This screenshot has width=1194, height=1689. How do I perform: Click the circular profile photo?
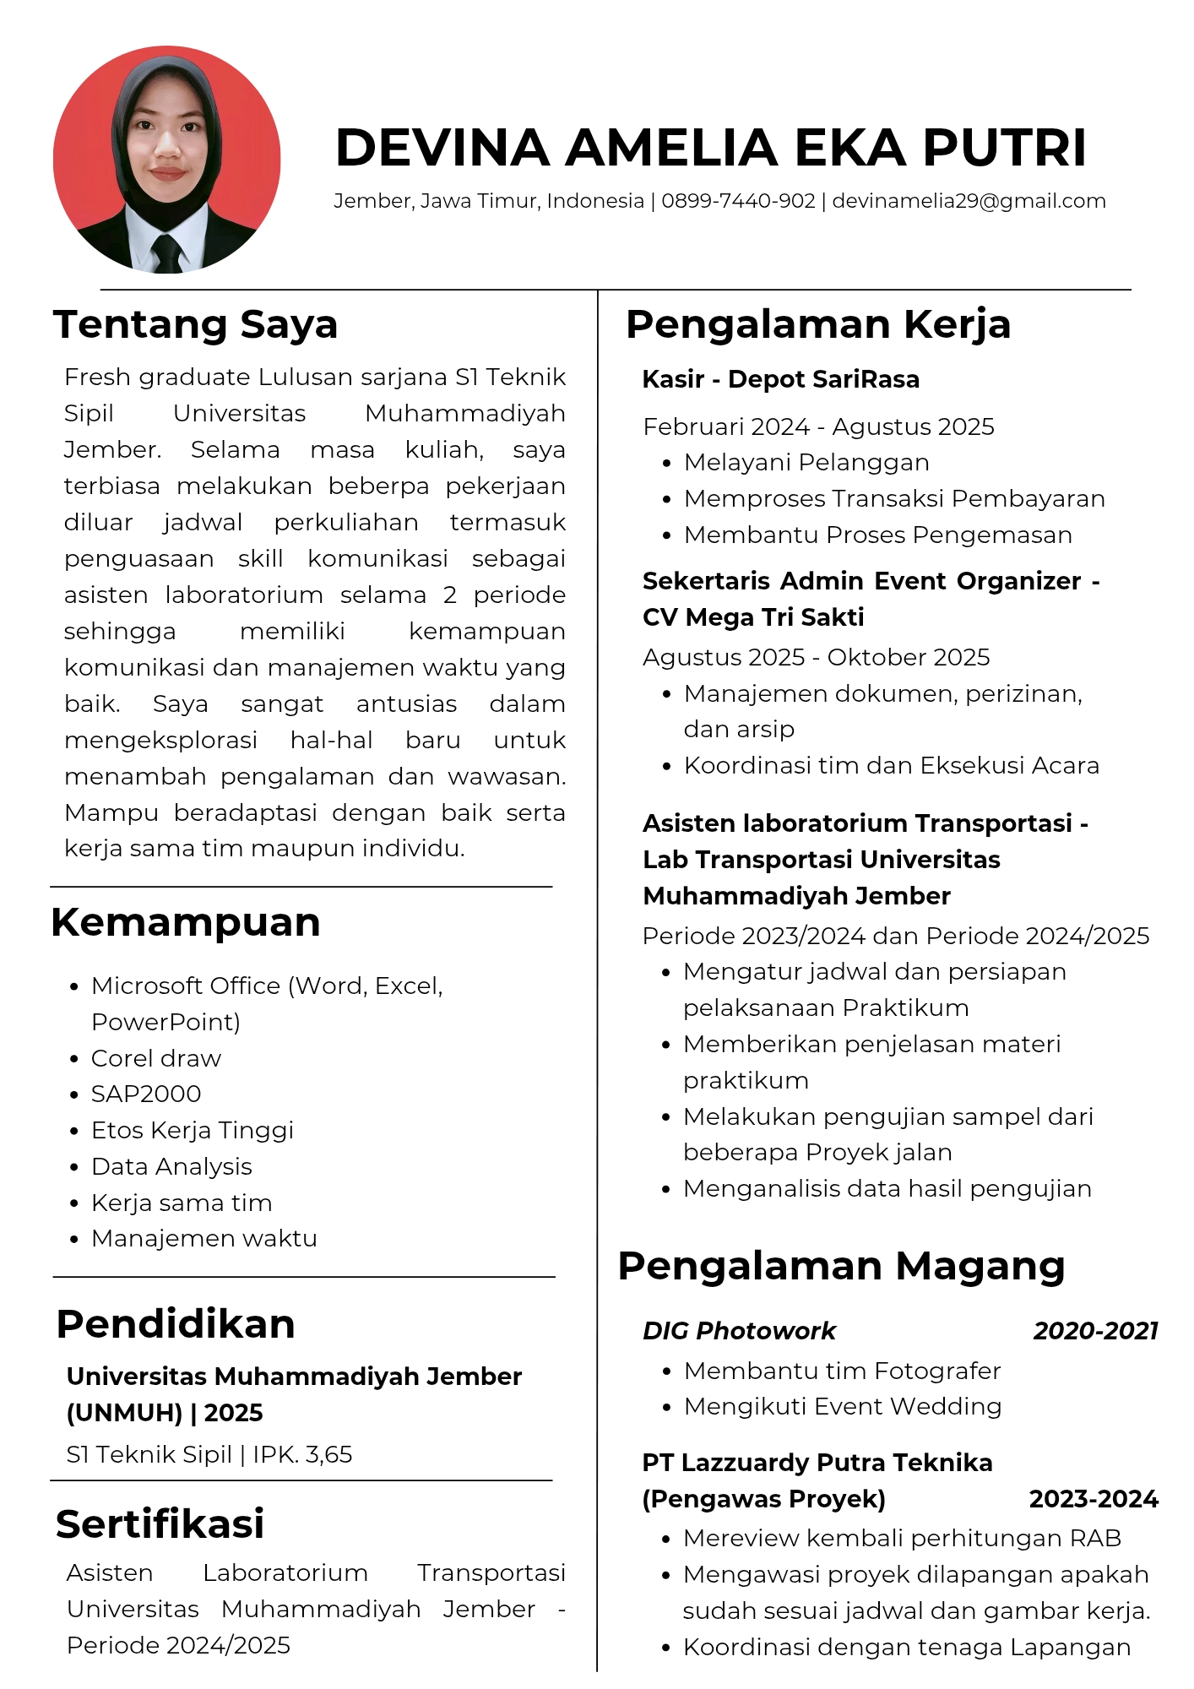coord(166,160)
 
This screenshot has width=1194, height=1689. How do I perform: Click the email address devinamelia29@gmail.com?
coord(969,201)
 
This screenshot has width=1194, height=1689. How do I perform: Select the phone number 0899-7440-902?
coord(738,201)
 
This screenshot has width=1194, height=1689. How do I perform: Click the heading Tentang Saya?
coord(195,324)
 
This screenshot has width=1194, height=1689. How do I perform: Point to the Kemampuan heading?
coord(186,922)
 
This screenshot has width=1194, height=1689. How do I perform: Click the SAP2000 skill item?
coord(146,1094)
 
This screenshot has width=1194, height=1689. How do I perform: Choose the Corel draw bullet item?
coord(156,1058)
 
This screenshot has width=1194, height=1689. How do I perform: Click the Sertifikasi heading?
coord(160,1523)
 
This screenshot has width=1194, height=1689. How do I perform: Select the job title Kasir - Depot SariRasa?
coord(781,379)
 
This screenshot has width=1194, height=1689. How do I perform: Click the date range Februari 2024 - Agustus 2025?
coord(818,426)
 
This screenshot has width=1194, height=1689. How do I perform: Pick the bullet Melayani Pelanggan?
coord(806,462)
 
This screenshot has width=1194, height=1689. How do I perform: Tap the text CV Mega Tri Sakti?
coord(753,617)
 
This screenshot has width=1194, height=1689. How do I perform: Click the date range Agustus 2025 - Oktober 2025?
coord(816,657)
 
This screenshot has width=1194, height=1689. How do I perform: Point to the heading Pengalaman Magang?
coord(841,1266)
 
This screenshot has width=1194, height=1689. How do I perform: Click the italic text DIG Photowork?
coord(739,1331)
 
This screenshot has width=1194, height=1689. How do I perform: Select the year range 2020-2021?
coord(1095,1331)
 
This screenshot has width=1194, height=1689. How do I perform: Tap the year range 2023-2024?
coord(1094,1499)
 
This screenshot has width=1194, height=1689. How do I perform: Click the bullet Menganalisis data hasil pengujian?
coord(887,1188)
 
